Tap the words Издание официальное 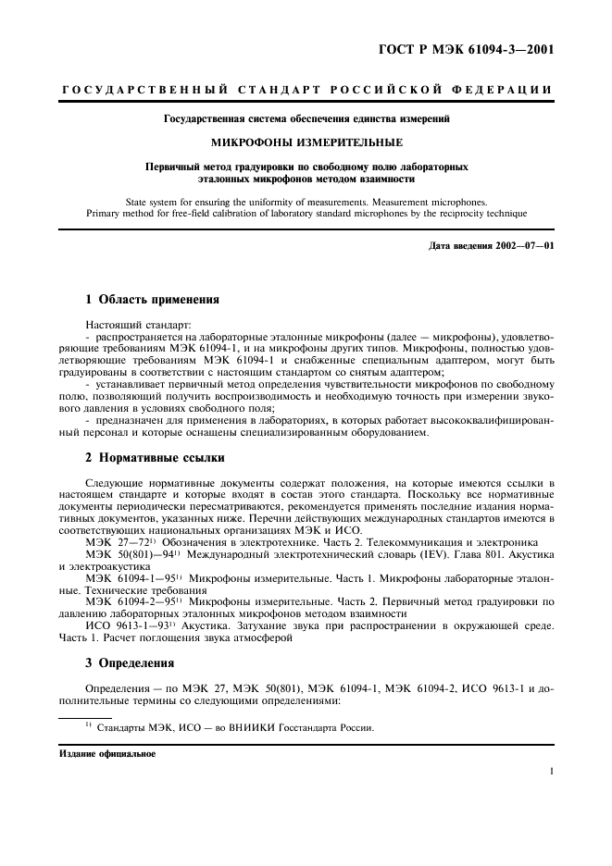pyautogui.click(x=97, y=753)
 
